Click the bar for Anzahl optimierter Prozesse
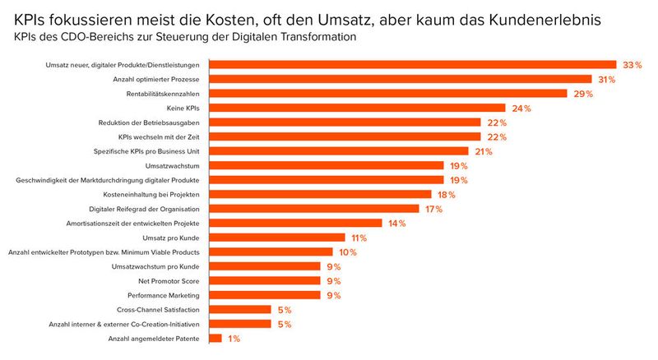[x=401, y=79]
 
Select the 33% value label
[x=630, y=65]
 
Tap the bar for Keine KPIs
[x=357, y=108]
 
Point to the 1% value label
[x=233, y=338]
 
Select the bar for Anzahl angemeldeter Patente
[x=215, y=338]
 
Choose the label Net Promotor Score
[x=164, y=280]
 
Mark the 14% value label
[x=396, y=223]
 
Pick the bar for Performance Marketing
[x=265, y=295]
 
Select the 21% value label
[x=482, y=151]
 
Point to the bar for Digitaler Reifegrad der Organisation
[x=314, y=209]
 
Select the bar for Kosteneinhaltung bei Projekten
[x=320, y=194]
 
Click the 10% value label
[x=346, y=252]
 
